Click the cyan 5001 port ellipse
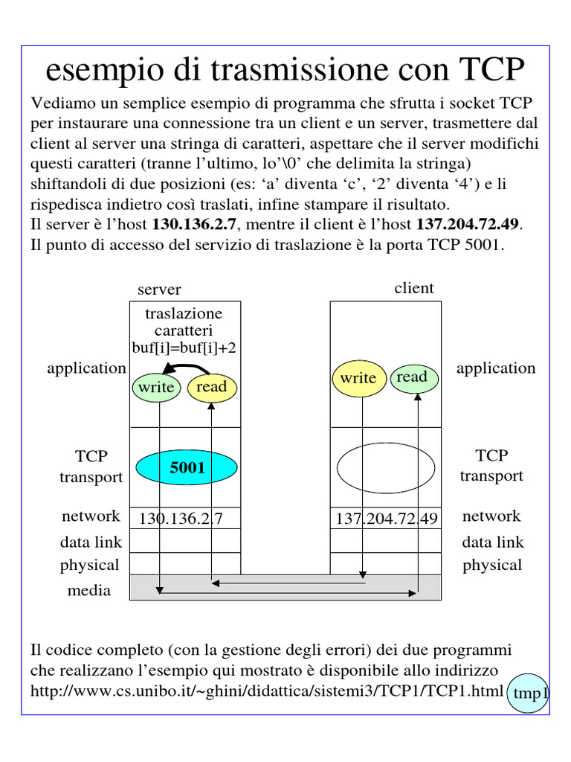pos(187,468)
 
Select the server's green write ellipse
pos(156,387)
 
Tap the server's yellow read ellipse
pos(212,387)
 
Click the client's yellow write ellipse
pos(358,378)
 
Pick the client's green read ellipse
pos(413,377)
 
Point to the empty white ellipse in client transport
pos(385,469)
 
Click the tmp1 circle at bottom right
pos(529,694)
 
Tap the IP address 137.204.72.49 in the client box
pos(387,518)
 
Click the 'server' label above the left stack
pos(159,289)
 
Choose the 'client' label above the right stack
pos(414,288)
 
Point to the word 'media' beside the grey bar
pos(88,590)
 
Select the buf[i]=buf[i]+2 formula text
pos(184,347)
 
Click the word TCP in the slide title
pos(492,70)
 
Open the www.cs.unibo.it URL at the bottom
pos(266,691)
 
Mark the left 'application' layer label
pos(86,368)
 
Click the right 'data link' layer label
pos(492,542)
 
